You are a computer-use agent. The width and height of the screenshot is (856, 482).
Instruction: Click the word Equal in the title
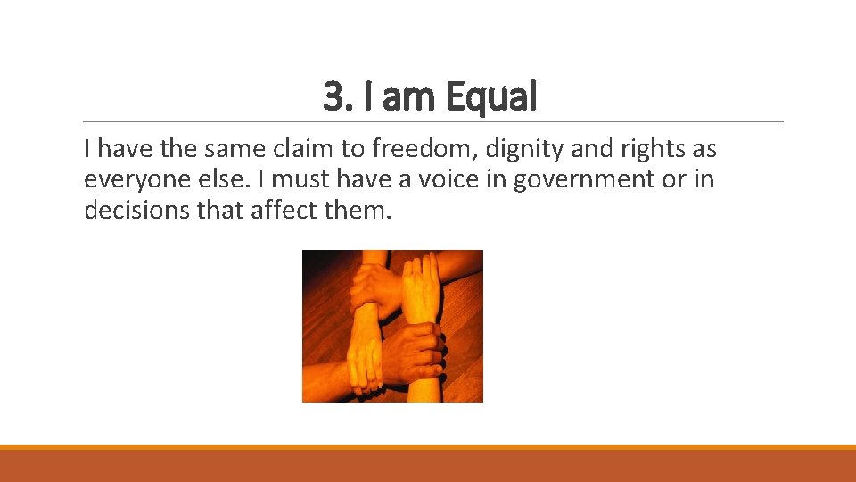[491, 96]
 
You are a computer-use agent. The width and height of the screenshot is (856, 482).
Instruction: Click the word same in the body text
[232, 148]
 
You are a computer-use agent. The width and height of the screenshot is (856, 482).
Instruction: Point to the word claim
[308, 148]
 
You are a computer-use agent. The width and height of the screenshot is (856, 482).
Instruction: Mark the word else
[224, 179]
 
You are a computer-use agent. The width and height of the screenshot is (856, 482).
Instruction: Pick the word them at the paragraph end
[360, 211]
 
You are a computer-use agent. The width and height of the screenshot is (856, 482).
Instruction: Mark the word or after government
[673, 179]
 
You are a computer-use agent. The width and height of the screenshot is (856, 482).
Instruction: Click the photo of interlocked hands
[392, 326]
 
